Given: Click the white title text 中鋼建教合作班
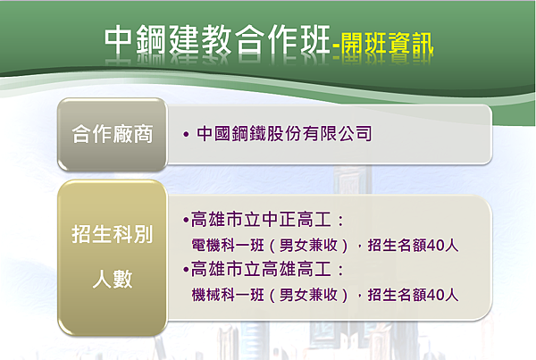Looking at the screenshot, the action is [x=217, y=40].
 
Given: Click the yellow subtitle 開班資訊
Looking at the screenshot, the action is [x=388, y=44].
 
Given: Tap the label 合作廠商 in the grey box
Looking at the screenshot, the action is [x=113, y=134].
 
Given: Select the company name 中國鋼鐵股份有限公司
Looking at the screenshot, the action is [x=284, y=133].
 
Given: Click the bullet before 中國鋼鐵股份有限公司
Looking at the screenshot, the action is [x=186, y=134].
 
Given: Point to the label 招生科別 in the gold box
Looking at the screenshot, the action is [x=113, y=234].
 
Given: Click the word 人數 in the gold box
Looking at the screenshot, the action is [x=113, y=279].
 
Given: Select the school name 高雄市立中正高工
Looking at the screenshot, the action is [x=261, y=219].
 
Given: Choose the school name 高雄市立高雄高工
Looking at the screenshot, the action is [x=261, y=269].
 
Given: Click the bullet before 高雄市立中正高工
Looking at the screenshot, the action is [x=186, y=220].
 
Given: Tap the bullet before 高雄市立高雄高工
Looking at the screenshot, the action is [x=186, y=270].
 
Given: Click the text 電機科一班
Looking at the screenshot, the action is [x=228, y=245].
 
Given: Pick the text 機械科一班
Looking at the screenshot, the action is [x=228, y=295].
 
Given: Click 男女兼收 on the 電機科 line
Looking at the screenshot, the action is [x=308, y=245].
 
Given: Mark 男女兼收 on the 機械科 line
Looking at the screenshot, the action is [x=308, y=295].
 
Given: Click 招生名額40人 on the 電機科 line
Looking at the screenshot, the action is [x=413, y=245].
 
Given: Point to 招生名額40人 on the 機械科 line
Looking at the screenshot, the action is [x=413, y=295].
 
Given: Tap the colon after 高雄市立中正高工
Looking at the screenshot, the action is [x=340, y=220].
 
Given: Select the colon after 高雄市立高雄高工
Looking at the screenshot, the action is [x=340, y=270].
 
